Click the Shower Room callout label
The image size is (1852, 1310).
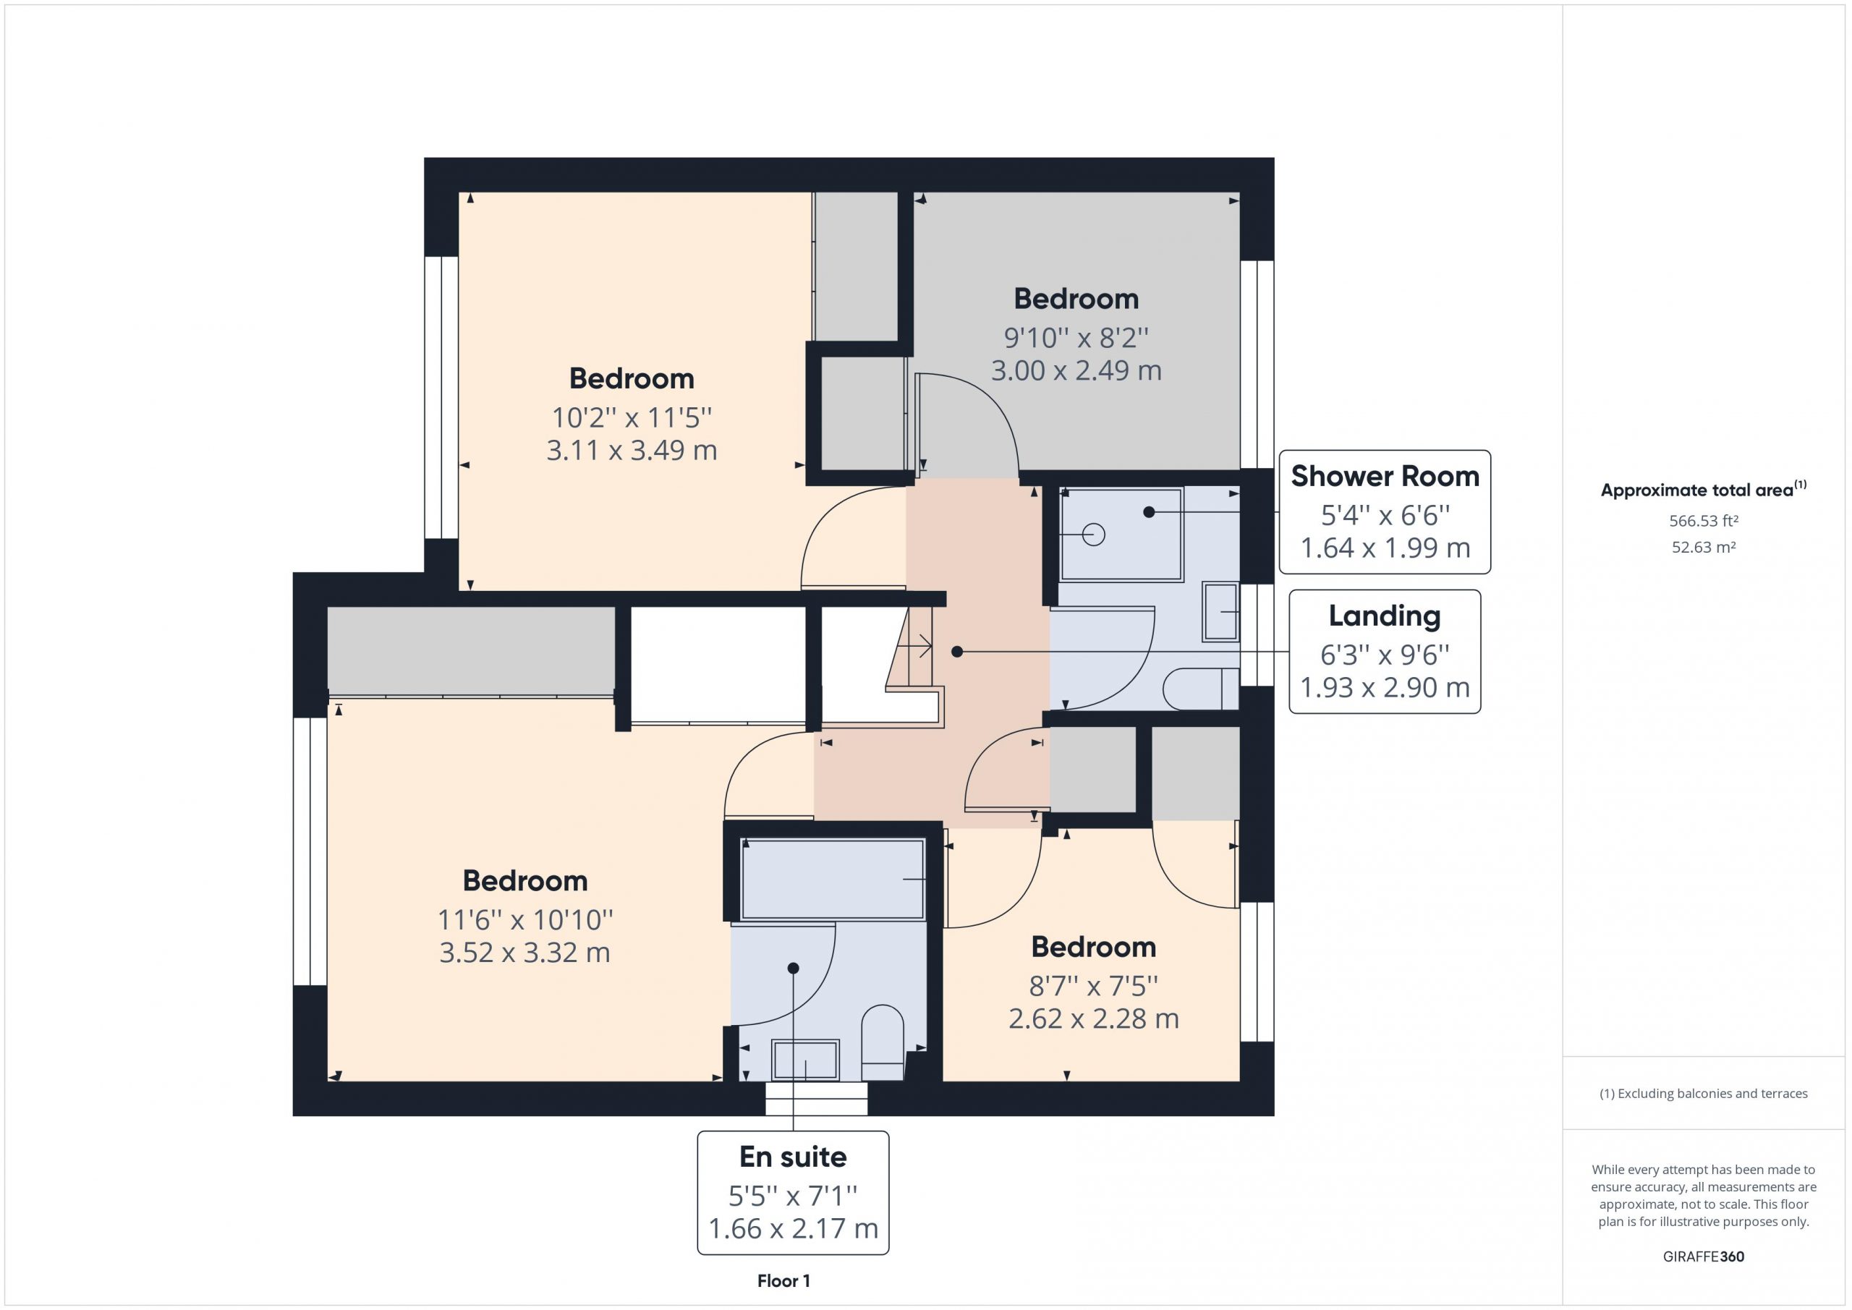[x=1384, y=512]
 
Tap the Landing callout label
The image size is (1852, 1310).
[x=1384, y=652]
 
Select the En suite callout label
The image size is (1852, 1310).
[x=793, y=1192]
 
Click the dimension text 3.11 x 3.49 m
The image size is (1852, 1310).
[x=632, y=450]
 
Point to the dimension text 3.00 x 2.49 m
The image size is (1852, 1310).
[x=1076, y=370]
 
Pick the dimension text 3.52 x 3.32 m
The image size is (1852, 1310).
[x=524, y=953]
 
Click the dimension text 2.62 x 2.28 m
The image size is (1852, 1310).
[x=1094, y=1018]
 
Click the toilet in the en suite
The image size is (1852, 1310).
[x=883, y=1042]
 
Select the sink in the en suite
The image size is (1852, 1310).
[x=805, y=1060]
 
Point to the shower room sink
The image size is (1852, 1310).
[x=1220, y=612]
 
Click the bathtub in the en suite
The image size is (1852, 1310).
[x=833, y=880]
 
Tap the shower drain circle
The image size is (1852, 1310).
[x=1094, y=535]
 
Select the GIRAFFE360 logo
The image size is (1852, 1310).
[x=1704, y=1256]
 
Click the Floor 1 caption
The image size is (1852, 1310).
[x=783, y=1281]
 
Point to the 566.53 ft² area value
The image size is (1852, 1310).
[x=1704, y=521]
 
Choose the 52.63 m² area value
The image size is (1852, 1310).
[x=1704, y=547]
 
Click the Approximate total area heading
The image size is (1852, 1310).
[x=1704, y=489]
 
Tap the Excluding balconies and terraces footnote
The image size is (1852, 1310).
[x=1704, y=1094]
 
